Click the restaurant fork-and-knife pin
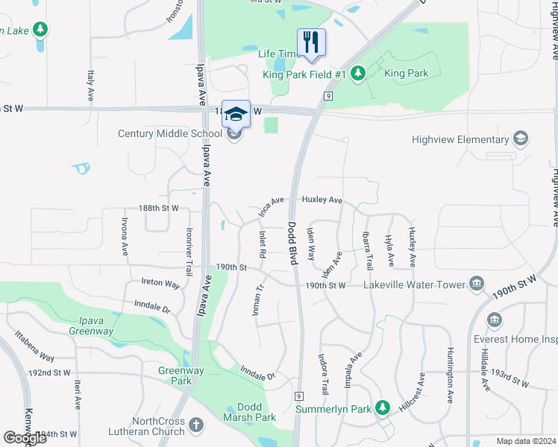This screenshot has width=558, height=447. click(x=312, y=42)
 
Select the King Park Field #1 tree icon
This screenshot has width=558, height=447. click(x=358, y=73)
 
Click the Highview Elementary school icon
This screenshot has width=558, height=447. click(x=520, y=139)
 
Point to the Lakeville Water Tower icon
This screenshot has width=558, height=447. click(x=476, y=284)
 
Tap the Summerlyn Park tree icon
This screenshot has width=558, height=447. click(x=383, y=408)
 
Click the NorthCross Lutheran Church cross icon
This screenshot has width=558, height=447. click(x=195, y=425)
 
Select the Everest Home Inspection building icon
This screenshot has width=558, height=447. click(x=494, y=320)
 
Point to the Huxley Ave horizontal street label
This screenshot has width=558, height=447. click(x=322, y=200)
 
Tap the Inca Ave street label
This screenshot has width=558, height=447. click(x=272, y=206)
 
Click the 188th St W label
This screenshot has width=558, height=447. click(x=159, y=209)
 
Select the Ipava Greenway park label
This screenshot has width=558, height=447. click(x=91, y=326)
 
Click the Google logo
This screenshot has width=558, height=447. click(x=25, y=438)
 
